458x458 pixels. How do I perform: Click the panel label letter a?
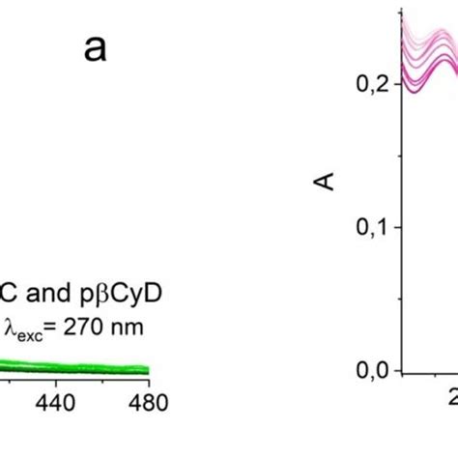(95, 48)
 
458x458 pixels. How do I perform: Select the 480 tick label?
(148, 400)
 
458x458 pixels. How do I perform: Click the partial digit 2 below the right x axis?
(450, 400)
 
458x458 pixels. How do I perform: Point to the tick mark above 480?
(148, 380)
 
